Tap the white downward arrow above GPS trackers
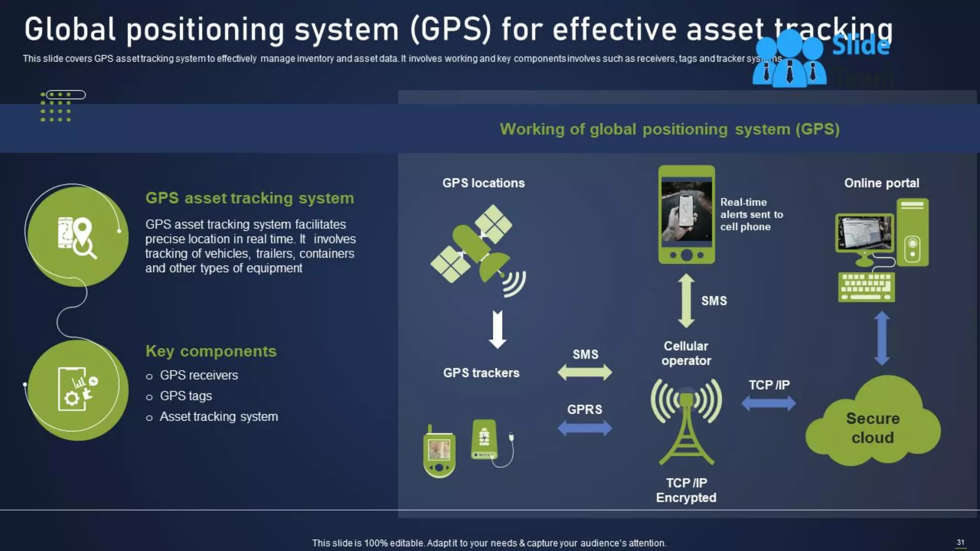point(498,329)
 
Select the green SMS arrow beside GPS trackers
point(585,372)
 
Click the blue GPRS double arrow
point(585,428)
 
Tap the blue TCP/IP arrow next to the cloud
point(768,403)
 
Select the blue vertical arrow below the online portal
point(882,338)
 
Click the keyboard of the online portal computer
point(867,287)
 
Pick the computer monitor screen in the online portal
point(865,233)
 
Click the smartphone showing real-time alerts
point(687,214)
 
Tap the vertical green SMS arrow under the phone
point(686,300)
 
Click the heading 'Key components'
point(211,351)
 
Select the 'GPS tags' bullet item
point(186,396)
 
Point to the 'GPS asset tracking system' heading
point(249,198)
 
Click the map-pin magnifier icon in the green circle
point(77,237)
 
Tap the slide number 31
point(960,542)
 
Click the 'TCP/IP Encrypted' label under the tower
point(686,490)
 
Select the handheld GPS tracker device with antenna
point(439,452)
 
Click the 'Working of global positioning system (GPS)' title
point(669,129)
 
